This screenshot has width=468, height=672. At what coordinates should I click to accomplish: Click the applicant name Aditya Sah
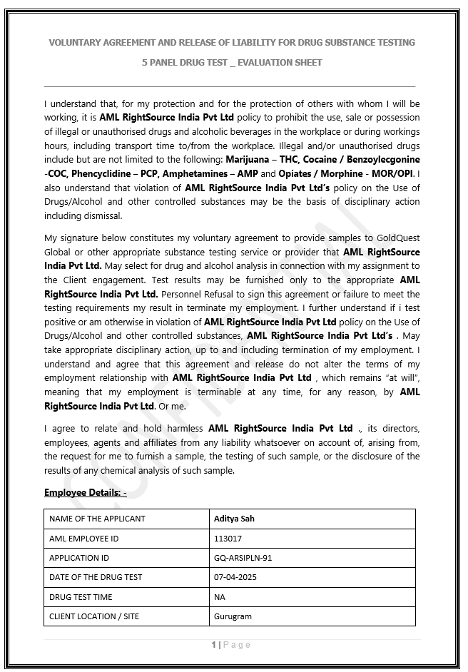[x=235, y=519]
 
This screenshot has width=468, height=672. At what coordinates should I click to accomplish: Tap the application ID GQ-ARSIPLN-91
[x=243, y=558]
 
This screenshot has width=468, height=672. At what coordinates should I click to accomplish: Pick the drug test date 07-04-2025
[x=235, y=577]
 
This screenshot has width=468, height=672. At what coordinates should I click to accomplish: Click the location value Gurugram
[x=233, y=616]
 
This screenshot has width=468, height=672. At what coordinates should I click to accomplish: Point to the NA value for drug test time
[x=220, y=597]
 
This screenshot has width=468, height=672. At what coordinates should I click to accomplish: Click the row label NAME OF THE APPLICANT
[x=97, y=519]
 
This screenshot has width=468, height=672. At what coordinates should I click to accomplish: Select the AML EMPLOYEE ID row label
[x=84, y=539]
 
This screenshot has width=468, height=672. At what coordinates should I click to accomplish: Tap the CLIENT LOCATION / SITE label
[x=94, y=616]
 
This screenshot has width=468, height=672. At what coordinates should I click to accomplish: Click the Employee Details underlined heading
[x=85, y=493]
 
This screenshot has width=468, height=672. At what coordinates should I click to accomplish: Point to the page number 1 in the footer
[x=213, y=645]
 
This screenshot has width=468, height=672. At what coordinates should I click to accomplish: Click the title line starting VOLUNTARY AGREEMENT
[x=232, y=43]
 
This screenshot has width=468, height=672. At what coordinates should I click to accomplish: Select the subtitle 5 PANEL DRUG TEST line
[x=232, y=63]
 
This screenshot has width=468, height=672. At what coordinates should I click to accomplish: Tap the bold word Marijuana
[x=249, y=160]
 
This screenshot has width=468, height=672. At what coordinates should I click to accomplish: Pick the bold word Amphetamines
[x=197, y=174]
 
